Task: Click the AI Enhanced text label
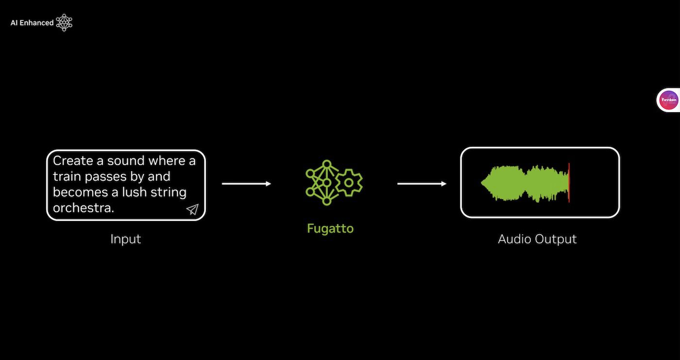click(x=32, y=23)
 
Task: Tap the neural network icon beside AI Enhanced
click(x=64, y=22)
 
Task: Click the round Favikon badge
click(x=669, y=101)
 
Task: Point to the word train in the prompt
click(x=67, y=176)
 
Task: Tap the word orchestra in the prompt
click(x=83, y=207)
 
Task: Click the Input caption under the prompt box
click(x=125, y=239)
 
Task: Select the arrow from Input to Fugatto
click(x=246, y=184)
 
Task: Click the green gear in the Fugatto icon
click(x=349, y=183)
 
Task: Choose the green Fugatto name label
click(x=330, y=228)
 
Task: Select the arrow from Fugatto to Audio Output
click(x=422, y=184)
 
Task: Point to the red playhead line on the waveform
click(x=569, y=183)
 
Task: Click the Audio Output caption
click(x=537, y=239)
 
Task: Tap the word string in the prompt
click(x=169, y=192)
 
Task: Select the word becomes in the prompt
click(x=81, y=192)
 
